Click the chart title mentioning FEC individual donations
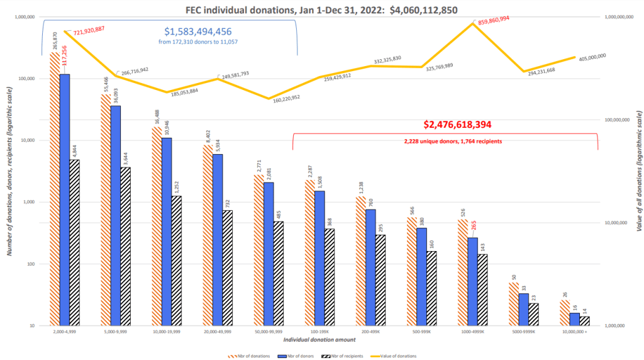[321, 9]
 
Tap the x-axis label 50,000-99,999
[269, 332]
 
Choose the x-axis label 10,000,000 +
[574, 332]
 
